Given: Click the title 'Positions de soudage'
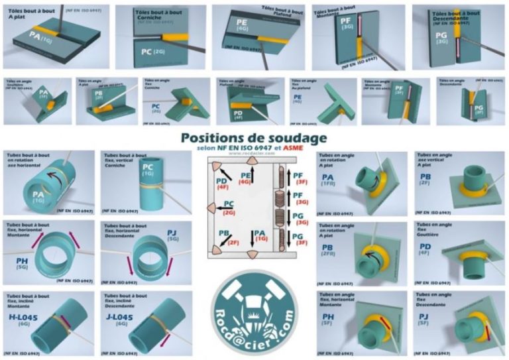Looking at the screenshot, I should [x=253, y=139].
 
